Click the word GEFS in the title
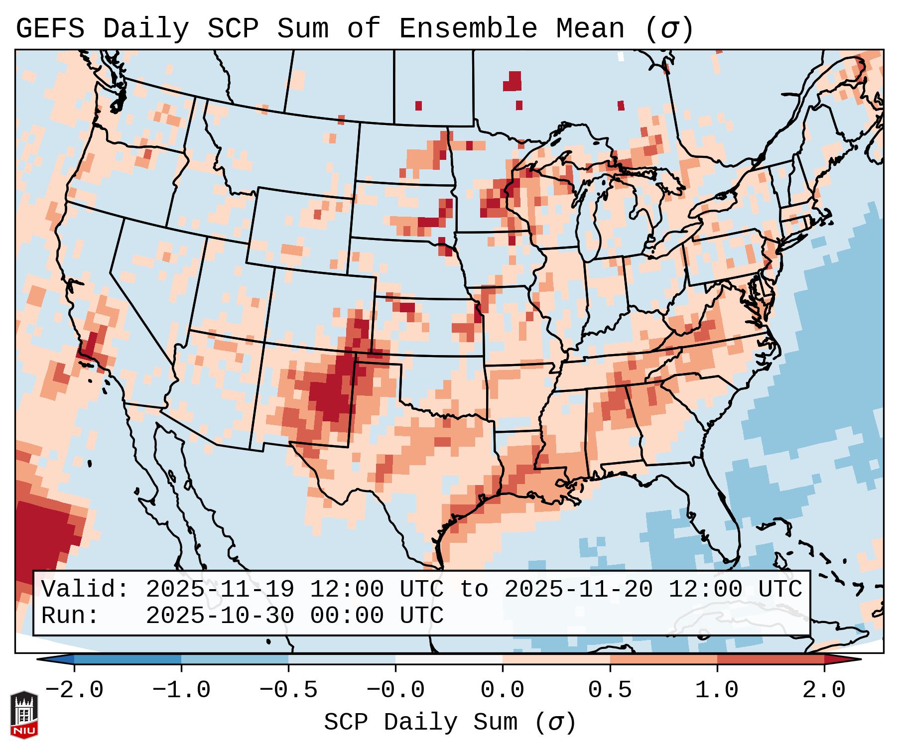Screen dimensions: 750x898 50,29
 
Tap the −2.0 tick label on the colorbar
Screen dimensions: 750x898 74,690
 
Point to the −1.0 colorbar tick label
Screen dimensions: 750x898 181,690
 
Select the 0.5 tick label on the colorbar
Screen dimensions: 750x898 610,690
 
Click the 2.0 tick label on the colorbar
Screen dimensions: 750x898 824,690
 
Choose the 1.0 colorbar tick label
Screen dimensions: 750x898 717,690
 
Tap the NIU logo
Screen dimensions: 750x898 24,715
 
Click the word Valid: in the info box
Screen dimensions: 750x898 85,590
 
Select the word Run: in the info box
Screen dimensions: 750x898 70,616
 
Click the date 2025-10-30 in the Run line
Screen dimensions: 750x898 220,616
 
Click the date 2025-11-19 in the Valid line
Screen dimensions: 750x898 220,590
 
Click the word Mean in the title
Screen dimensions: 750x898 590,29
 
